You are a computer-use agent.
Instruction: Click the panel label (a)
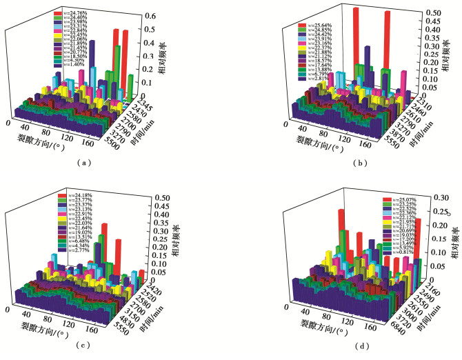pos(83,163)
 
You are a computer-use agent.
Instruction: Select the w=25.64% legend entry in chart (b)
pos(314,26)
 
